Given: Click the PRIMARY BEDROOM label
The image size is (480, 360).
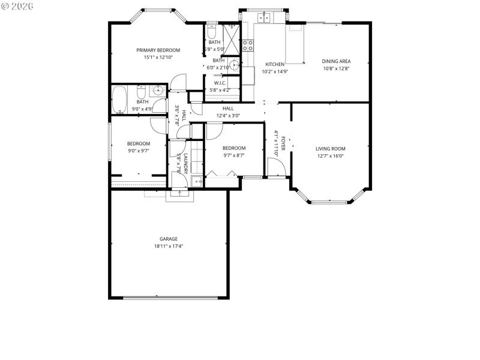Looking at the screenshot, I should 158,50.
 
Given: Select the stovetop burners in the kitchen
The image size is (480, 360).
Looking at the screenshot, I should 247,46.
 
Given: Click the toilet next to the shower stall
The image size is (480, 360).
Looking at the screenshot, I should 212,30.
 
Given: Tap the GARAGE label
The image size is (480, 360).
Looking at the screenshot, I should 168,239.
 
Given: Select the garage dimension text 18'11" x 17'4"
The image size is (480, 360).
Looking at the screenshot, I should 168,246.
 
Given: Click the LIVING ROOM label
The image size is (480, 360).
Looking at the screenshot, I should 331,149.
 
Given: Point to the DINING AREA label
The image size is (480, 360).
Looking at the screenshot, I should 336,61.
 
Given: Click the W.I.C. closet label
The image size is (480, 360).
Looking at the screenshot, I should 220,83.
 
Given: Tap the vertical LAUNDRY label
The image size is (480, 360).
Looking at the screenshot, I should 186,163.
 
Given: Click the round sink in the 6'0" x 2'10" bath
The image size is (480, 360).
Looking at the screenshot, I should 235,66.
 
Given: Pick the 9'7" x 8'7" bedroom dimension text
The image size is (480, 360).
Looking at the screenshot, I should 233,155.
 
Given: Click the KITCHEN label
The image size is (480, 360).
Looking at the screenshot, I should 275,64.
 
